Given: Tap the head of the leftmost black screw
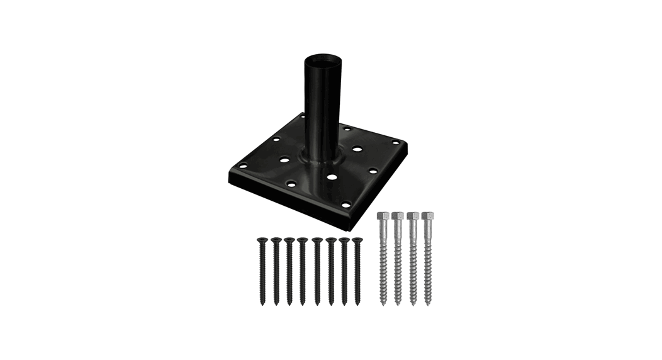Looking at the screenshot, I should pos(261,240).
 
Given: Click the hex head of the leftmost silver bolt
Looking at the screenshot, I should pos(382,216).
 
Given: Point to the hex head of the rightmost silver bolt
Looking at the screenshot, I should pos(427,216).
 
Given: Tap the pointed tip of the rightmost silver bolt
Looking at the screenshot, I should pos(428,303).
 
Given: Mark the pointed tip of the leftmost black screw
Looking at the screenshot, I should pos(261,304).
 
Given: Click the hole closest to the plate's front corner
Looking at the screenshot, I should pos(345,205).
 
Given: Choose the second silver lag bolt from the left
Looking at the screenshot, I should pos(397,258).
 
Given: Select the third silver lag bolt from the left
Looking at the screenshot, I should pos(413,258).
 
